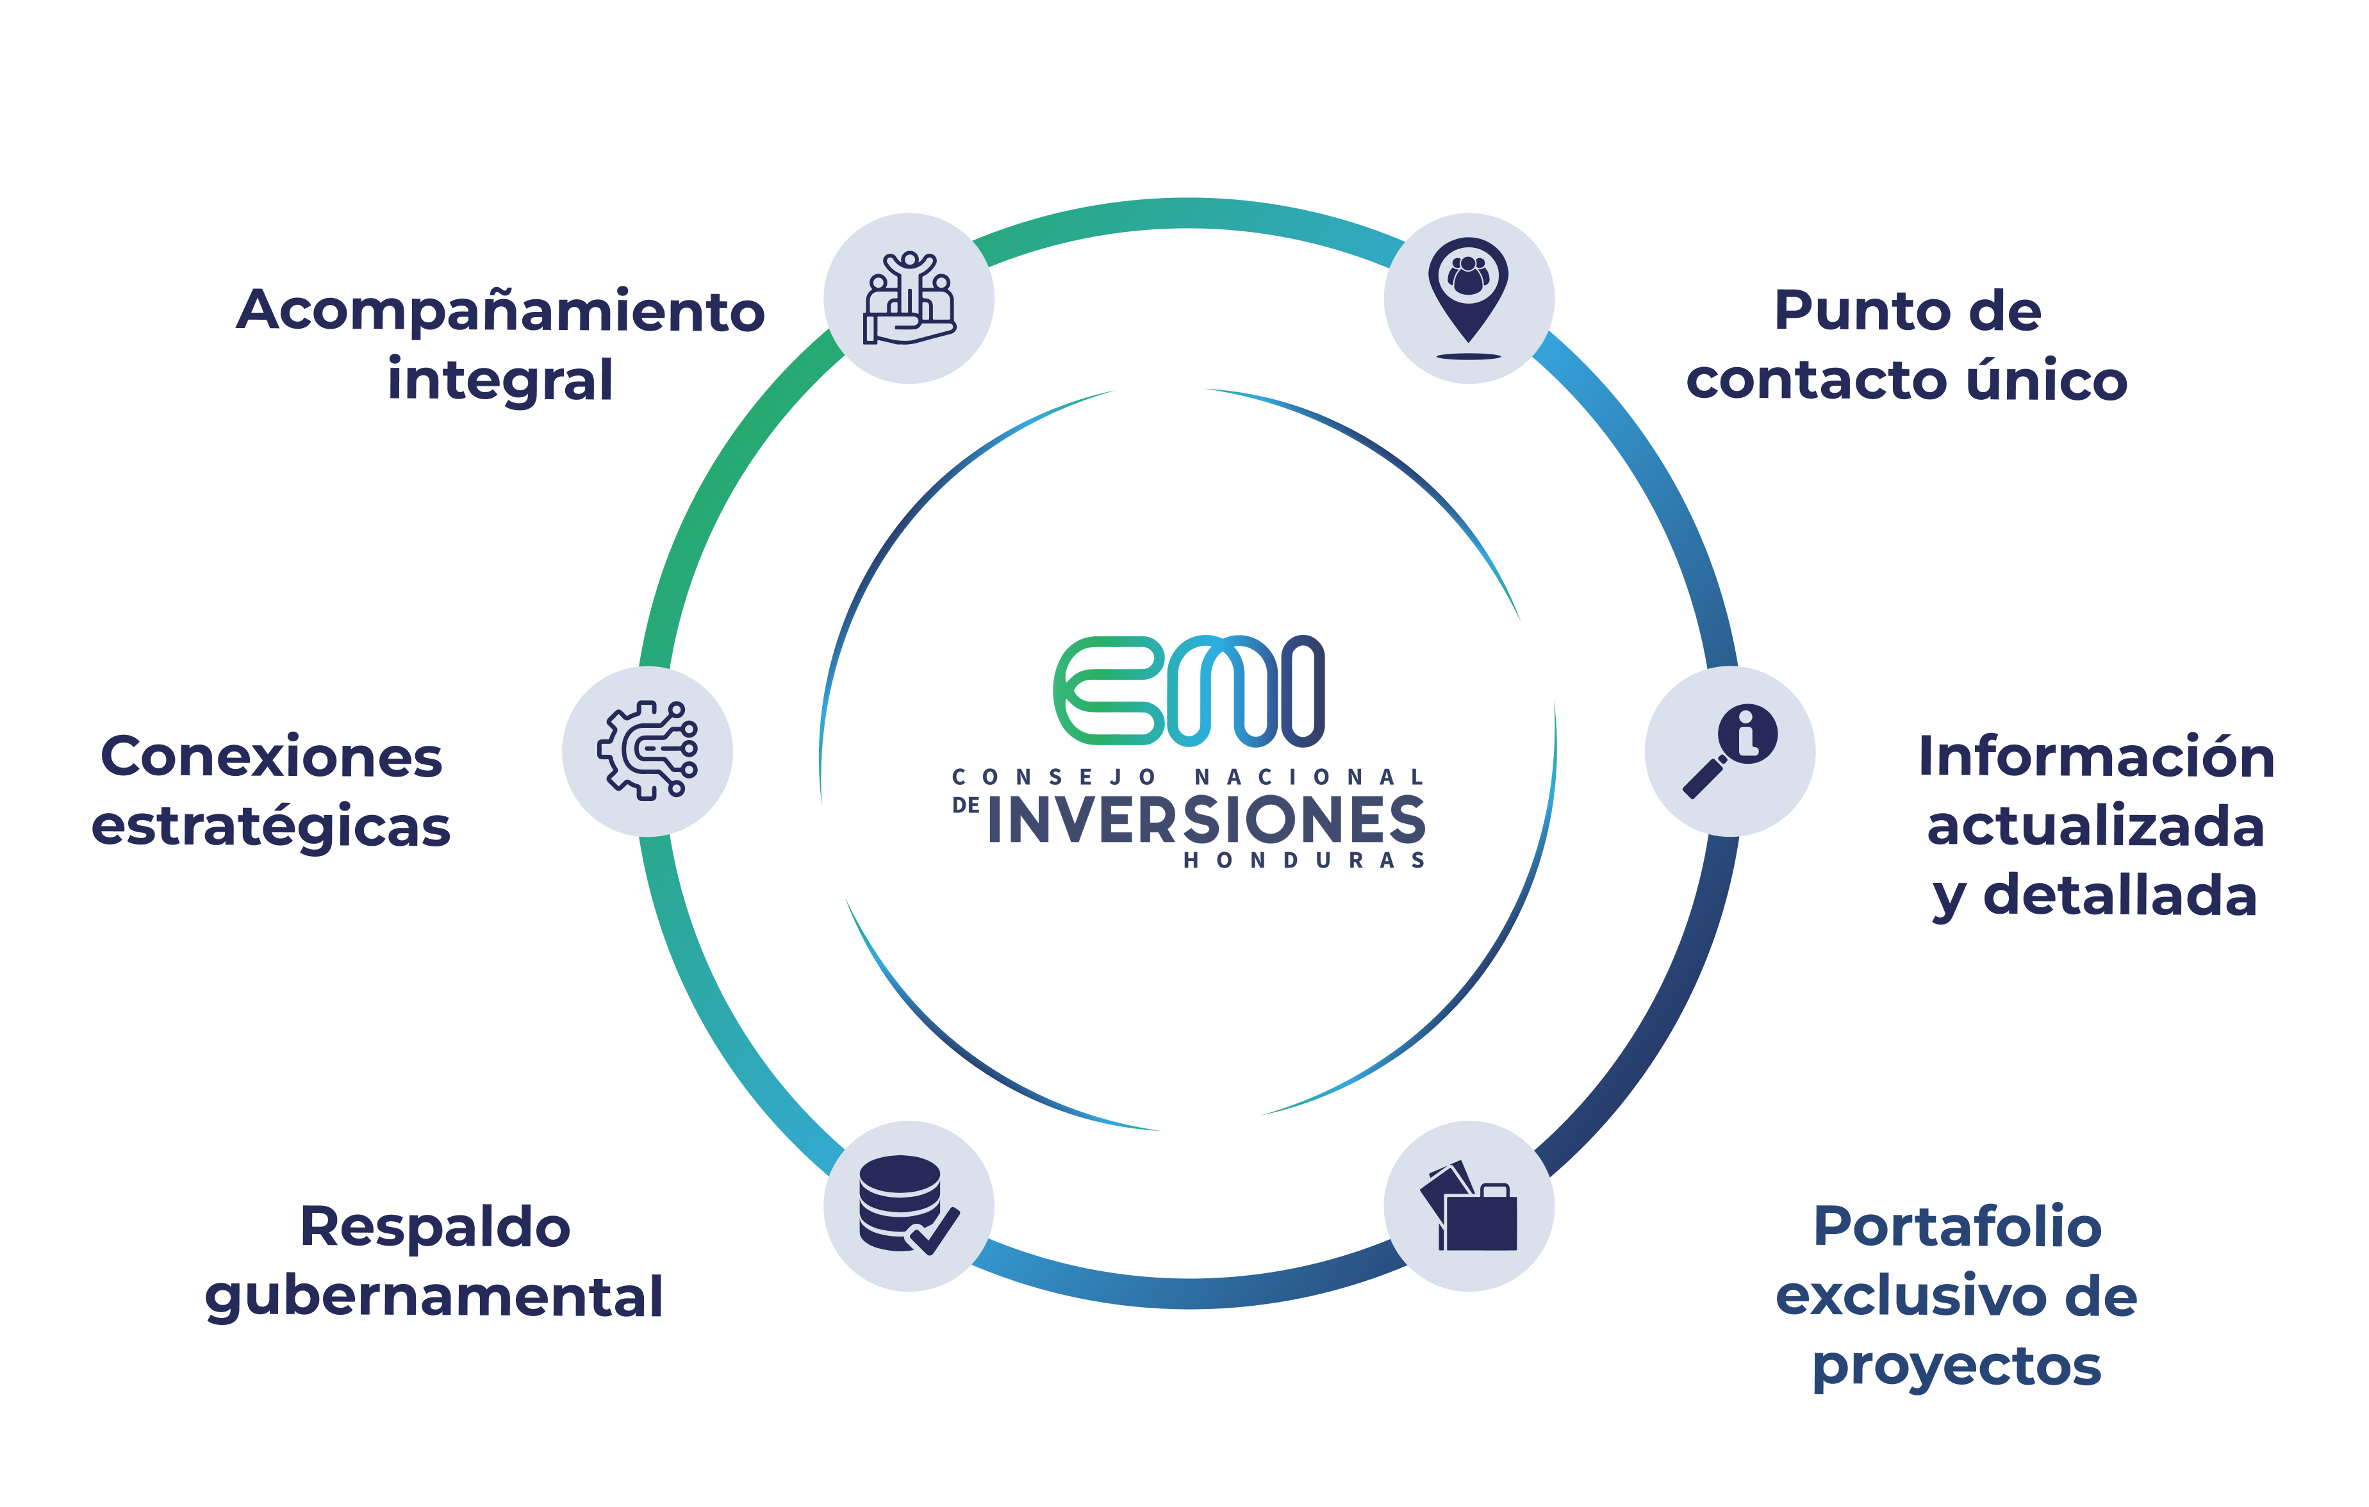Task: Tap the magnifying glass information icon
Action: [x=1729, y=750]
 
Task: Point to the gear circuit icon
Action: [x=647, y=750]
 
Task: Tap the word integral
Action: [x=500, y=380]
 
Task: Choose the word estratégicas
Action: [x=272, y=827]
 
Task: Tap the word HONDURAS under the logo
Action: [x=1303, y=861]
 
